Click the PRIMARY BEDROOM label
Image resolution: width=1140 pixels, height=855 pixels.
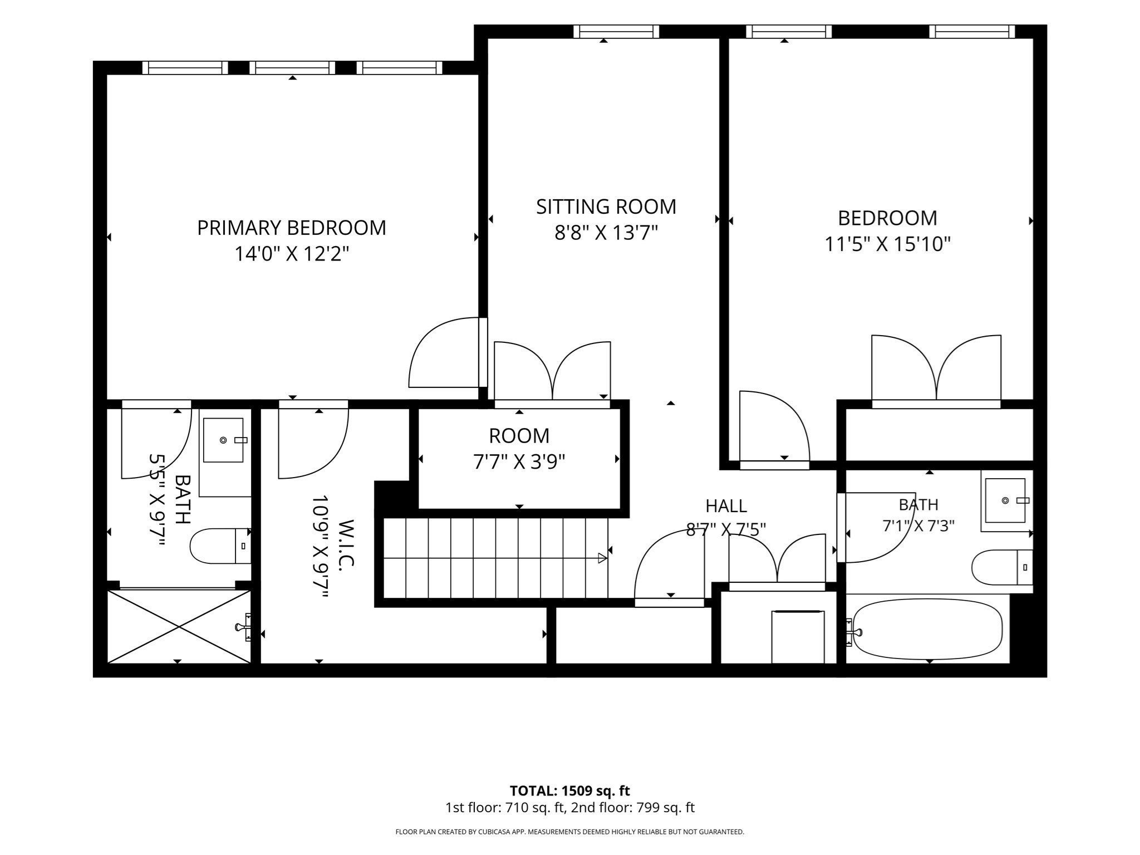[x=291, y=228]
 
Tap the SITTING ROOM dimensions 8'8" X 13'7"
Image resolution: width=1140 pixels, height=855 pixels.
[x=606, y=232]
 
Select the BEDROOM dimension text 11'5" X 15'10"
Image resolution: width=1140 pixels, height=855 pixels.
[x=887, y=244]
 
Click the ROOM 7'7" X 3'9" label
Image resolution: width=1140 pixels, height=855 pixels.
[x=519, y=448]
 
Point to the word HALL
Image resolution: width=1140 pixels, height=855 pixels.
[x=726, y=506]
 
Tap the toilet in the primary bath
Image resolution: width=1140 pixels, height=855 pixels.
[x=220, y=546]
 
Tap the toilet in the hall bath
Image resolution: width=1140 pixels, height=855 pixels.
[x=1002, y=567]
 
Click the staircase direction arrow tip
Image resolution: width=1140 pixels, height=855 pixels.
[x=606, y=558]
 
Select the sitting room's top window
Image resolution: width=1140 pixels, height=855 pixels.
[x=616, y=32]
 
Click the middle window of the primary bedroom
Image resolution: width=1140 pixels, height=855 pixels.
[x=293, y=68]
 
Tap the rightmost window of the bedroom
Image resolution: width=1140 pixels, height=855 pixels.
[x=972, y=32]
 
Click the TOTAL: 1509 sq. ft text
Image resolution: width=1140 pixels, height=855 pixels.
[x=570, y=791]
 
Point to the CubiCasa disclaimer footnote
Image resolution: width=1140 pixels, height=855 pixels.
[x=570, y=832]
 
